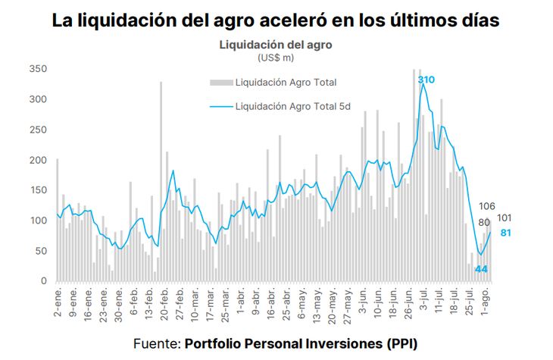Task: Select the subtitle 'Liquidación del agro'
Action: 276,45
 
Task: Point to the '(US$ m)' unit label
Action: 276,57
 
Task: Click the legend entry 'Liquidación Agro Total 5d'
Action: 292,107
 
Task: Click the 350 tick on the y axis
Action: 39,69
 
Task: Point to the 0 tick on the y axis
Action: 45,281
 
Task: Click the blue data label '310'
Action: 426,80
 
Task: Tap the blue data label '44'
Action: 481,269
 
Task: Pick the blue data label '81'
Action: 505,233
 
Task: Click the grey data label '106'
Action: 488,206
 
